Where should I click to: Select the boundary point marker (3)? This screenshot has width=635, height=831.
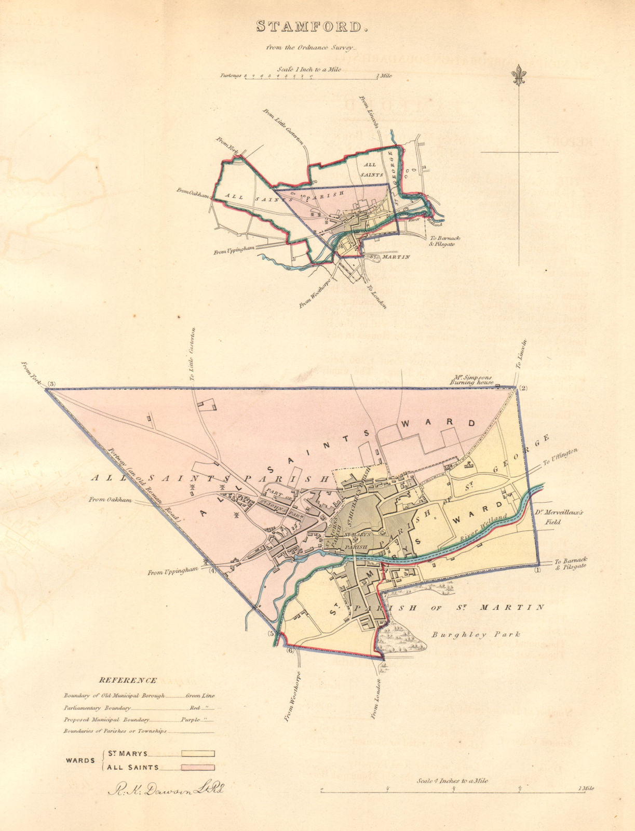[51, 384]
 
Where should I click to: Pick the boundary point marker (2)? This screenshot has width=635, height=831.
[523, 388]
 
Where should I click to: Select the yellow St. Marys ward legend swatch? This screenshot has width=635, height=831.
[198, 754]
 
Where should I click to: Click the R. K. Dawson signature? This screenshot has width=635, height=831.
[166, 790]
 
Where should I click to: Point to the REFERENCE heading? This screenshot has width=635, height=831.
[128, 680]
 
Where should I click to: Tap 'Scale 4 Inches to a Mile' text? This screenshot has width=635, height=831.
[452, 781]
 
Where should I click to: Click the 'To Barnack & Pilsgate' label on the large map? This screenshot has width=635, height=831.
[570, 564]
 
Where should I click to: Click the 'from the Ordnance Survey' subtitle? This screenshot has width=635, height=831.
[311, 48]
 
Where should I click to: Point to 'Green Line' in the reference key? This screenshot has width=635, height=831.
[200, 695]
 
